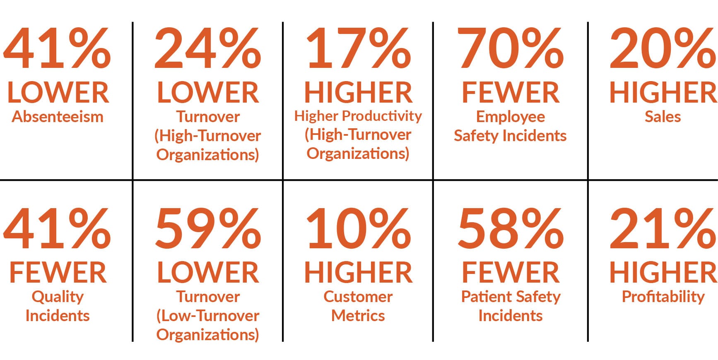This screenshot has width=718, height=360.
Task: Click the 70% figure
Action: click(x=510, y=49)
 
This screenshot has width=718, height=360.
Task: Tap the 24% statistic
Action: click(x=207, y=49)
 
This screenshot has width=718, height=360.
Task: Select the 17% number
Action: click(x=358, y=49)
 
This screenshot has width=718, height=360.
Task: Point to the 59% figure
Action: click(x=207, y=229)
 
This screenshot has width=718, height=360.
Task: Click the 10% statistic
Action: click(x=358, y=229)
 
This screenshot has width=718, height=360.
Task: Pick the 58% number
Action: click(x=510, y=229)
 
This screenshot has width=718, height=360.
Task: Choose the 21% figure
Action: click(x=663, y=229)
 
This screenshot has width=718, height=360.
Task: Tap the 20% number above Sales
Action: click(x=663, y=49)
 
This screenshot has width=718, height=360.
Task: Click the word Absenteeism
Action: click(x=58, y=117)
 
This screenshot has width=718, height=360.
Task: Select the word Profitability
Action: click(x=663, y=297)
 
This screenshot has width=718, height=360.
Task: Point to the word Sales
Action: click(x=663, y=117)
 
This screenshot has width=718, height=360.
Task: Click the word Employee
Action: click(x=510, y=117)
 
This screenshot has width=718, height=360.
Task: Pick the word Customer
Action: click(x=358, y=297)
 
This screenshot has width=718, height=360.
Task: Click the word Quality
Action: click(x=58, y=297)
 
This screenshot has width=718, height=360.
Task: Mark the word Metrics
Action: click(x=358, y=316)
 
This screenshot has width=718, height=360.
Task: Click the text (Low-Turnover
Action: click(x=207, y=316)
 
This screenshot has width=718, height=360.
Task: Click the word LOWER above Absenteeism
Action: click(x=58, y=92)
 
